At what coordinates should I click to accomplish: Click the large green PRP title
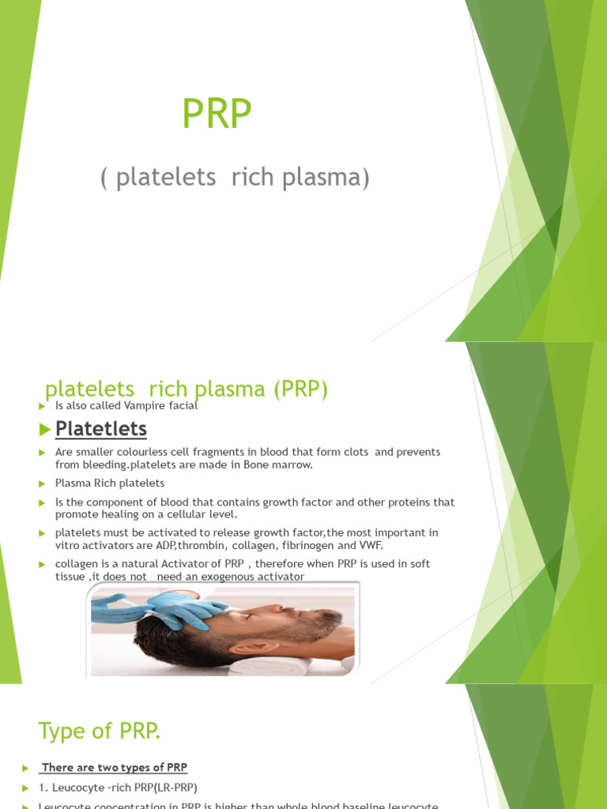217,114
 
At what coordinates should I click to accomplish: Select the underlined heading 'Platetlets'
100,429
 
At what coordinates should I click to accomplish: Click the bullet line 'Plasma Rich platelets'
110,483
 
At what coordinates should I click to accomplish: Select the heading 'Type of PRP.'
100,732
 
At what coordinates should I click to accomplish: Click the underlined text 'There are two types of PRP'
114,767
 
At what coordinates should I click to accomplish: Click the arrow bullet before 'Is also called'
43,406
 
